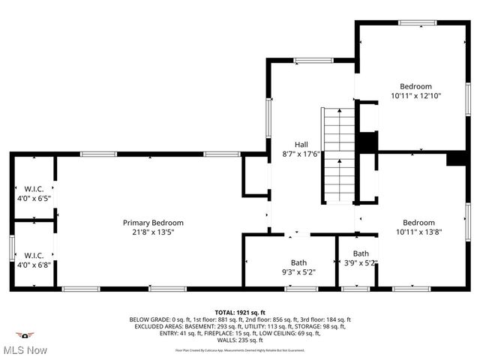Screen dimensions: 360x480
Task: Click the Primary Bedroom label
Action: coord(153,223)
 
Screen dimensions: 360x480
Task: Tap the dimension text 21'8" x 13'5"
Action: coord(153,232)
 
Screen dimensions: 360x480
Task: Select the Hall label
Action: coord(301,144)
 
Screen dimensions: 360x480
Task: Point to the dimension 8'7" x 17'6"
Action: coord(301,154)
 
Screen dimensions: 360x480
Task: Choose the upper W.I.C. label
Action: coord(34,189)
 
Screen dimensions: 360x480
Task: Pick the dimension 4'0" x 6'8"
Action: coord(34,264)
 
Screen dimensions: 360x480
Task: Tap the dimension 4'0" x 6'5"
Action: coord(34,199)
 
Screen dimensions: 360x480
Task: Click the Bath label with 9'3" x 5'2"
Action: coord(298,262)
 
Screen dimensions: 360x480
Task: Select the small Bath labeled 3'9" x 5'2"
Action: coord(361,253)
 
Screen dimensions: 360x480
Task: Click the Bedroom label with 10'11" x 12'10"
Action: coord(415,86)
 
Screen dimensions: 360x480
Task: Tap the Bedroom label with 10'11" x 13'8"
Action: coord(418,223)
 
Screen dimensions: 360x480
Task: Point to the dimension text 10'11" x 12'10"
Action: coord(415,96)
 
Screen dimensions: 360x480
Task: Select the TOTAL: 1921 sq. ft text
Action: coord(239,312)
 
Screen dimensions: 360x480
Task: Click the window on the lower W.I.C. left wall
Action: coord(12,247)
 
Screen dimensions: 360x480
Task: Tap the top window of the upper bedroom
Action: coord(418,22)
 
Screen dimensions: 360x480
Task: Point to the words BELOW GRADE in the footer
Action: coord(149,319)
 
